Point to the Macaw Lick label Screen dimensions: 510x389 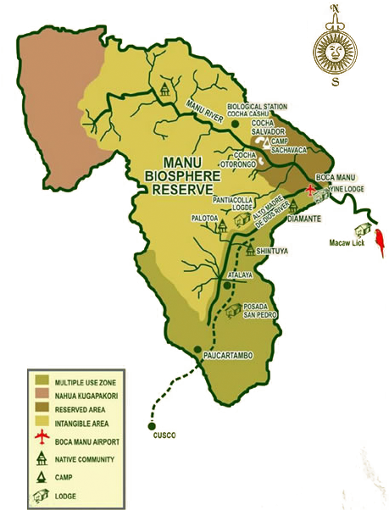(x=346, y=244)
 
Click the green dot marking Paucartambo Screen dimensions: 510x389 (x=197, y=349)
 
